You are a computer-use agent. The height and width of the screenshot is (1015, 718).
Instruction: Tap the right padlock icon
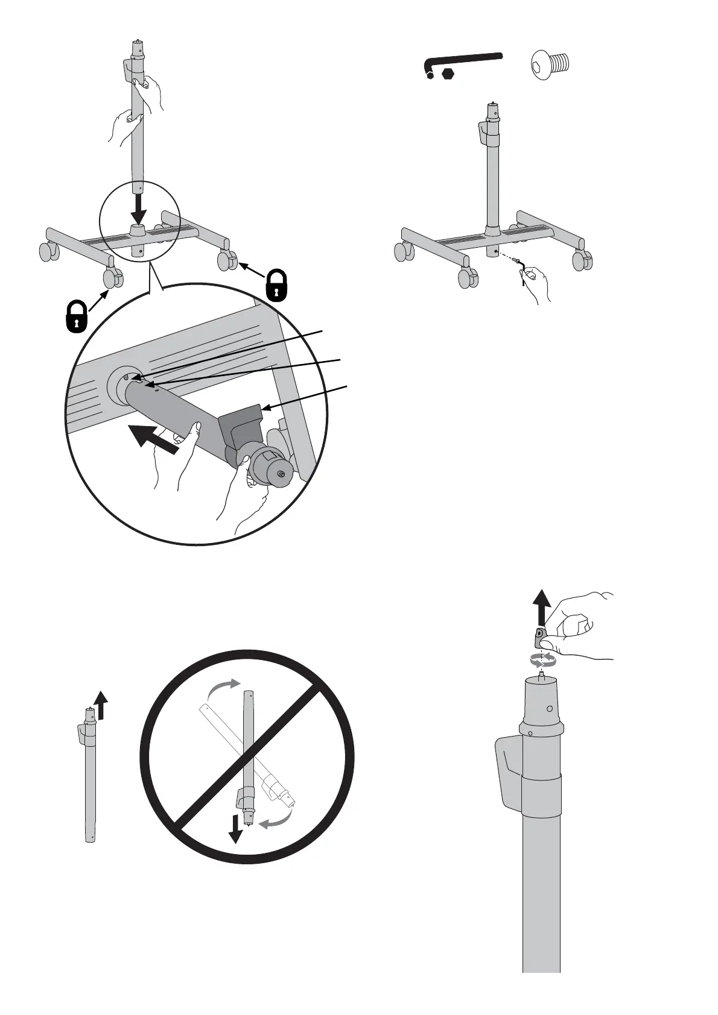pos(276,284)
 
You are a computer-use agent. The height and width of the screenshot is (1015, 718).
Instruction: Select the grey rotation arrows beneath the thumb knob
pos(542,659)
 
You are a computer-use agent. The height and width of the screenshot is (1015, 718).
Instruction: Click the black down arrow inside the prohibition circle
pos(235,833)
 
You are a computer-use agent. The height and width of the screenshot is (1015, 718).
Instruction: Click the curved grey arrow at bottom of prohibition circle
pos(276,820)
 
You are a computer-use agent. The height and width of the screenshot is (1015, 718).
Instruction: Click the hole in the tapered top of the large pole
pos(549,709)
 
